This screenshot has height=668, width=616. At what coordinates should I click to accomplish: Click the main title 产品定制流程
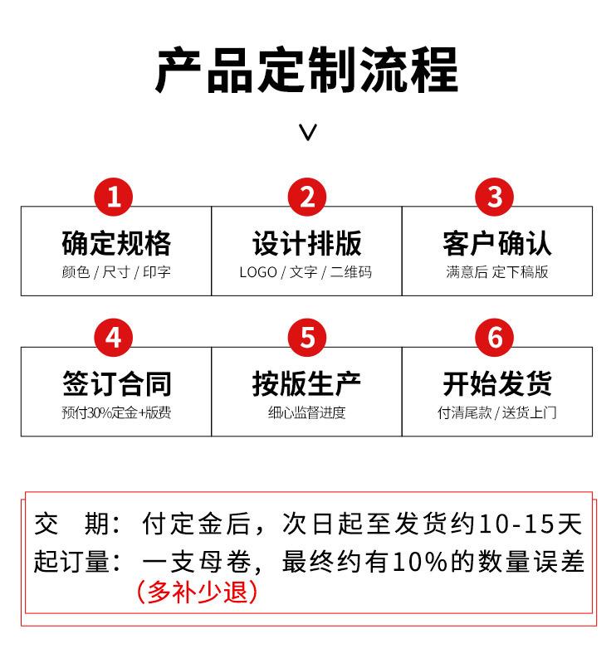tap(307, 71)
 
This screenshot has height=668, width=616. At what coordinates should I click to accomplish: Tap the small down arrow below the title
tap(308, 132)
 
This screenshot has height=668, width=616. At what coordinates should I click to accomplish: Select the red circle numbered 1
tap(115, 197)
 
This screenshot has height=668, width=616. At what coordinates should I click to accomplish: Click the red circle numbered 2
tap(307, 197)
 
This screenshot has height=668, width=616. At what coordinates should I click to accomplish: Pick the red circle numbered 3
tap(496, 197)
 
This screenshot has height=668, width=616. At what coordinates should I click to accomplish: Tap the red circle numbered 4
tap(115, 338)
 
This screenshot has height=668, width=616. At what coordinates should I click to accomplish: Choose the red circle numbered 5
tap(307, 338)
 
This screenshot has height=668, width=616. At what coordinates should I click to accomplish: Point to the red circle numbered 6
tap(496, 338)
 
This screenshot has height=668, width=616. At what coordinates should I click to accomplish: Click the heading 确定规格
tap(116, 243)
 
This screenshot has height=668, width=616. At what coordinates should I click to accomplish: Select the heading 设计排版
tap(307, 243)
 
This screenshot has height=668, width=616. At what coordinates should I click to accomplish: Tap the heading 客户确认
tap(497, 243)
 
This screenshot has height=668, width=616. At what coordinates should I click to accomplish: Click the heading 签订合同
tap(116, 384)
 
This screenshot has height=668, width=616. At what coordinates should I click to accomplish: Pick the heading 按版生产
tap(307, 384)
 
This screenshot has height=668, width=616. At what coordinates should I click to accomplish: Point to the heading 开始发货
tap(497, 384)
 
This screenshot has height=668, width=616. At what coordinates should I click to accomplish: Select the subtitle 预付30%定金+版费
tap(116, 412)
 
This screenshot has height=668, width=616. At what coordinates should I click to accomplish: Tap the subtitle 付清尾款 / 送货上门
tap(497, 412)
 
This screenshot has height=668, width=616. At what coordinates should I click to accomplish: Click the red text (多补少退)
tap(197, 592)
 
